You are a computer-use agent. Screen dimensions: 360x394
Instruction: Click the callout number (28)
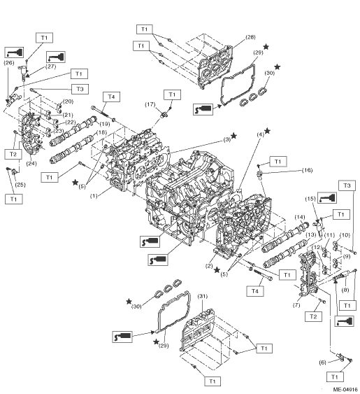click(x=250, y=37)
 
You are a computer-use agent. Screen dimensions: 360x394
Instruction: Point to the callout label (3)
click(x=227, y=139)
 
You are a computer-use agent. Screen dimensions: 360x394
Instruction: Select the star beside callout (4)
click(x=267, y=131)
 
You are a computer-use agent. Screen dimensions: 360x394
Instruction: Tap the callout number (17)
click(x=150, y=104)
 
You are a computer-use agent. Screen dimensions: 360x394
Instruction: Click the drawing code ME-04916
click(x=345, y=390)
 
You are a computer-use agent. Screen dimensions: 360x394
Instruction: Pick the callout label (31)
click(x=202, y=296)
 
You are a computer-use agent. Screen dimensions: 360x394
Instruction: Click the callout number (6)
click(x=322, y=363)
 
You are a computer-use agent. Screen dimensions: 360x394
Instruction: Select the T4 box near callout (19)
click(x=111, y=97)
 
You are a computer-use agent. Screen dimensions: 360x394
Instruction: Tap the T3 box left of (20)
click(x=80, y=89)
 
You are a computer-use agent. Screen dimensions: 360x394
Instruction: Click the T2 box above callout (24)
click(x=13, y=154)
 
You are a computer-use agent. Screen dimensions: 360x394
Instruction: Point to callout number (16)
click(x=307, y=170)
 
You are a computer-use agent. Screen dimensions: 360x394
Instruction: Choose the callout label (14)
click(x=300, y=217)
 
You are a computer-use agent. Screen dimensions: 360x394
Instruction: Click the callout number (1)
click(x=94, y=196)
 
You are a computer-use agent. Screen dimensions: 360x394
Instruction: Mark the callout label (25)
click(x=20, y=185)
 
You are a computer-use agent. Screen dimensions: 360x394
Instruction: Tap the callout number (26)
click(x=9, y=62)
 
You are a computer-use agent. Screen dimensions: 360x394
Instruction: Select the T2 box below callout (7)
click(x=313, y=316)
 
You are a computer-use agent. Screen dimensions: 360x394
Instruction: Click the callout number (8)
click(x=345, y=290)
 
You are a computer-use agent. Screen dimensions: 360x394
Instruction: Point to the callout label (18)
click(x=101, y=132)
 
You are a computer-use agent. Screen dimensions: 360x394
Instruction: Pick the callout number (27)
click(x=50, y=66)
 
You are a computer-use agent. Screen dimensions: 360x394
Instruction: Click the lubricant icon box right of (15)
click(x=327, y=198)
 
